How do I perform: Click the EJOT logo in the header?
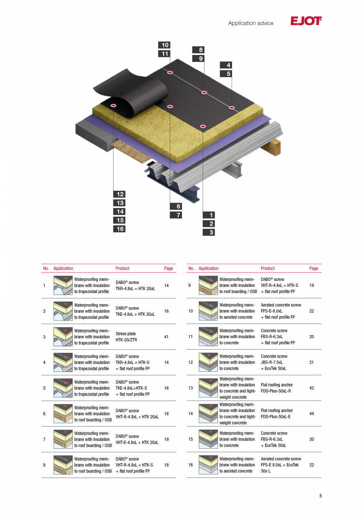pos(306,21)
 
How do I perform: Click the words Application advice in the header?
pos(251,23)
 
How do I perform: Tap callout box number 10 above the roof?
pos(164,45)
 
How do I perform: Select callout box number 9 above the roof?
pos(198,58)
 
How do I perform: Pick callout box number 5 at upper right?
pos(226,74)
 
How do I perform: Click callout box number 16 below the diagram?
pos(119,229)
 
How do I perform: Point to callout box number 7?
pos(176,215)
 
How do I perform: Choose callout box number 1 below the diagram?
pos(209,215)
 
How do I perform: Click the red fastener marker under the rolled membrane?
pos(114,105)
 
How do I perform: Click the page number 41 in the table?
pos(166,337)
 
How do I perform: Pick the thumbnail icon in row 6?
pos(63,414)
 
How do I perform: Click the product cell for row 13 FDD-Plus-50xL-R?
pos(276,388)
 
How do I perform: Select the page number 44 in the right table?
pos(311,414)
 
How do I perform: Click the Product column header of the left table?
pos(122,268)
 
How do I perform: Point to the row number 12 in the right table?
pos(191,362)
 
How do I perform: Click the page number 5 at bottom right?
pos(320,496)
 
